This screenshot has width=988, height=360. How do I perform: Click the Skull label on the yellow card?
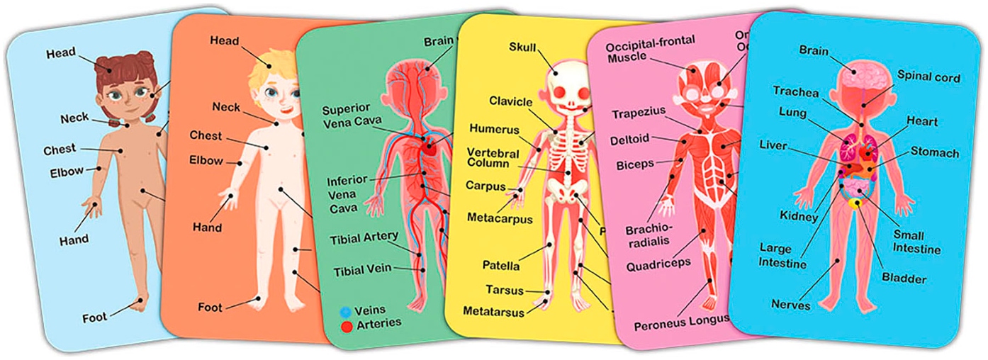pos(523,47)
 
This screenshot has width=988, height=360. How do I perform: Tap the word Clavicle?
pos(510,101)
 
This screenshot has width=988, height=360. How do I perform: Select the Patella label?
pos(501,266)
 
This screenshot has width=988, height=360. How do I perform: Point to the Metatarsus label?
pos(493,311)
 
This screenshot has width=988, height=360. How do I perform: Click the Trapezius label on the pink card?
pos(636,115)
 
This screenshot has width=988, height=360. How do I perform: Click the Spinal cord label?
pos(928,76)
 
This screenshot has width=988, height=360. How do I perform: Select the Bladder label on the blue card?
pos(904,279)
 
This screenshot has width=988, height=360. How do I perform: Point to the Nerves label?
pos(791,305)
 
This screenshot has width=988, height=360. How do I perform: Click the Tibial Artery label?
pos(364,237)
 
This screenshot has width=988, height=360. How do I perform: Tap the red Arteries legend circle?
pos(347,327)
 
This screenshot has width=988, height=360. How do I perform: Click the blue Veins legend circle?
pos(345,312)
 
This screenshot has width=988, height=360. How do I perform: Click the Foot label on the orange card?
pos(210,308)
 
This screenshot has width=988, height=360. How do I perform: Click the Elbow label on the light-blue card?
pos(66,171)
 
